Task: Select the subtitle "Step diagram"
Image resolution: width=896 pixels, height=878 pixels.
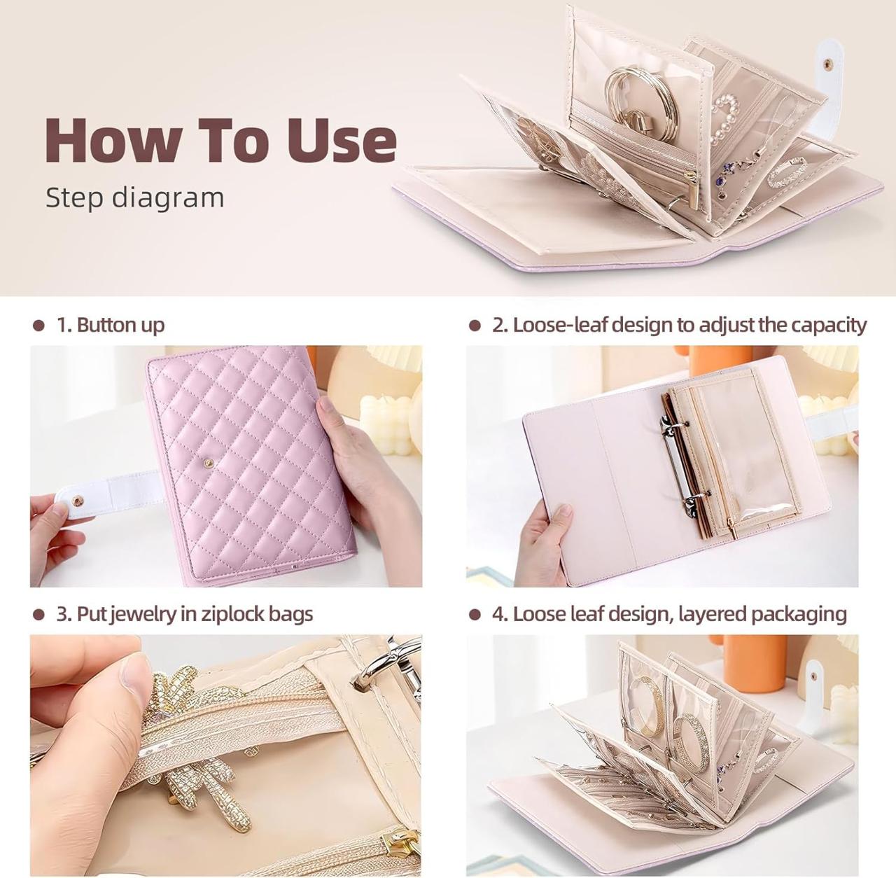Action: click(x=134, y=198)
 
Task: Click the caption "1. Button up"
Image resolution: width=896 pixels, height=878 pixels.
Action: click(x=110, y=325)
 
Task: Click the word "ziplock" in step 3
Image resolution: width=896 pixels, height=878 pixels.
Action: click(x=236, y=614)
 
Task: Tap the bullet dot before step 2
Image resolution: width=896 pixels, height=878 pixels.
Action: click(x=475, y=326)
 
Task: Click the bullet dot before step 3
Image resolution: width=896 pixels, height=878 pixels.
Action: click(x=39, y=615)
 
